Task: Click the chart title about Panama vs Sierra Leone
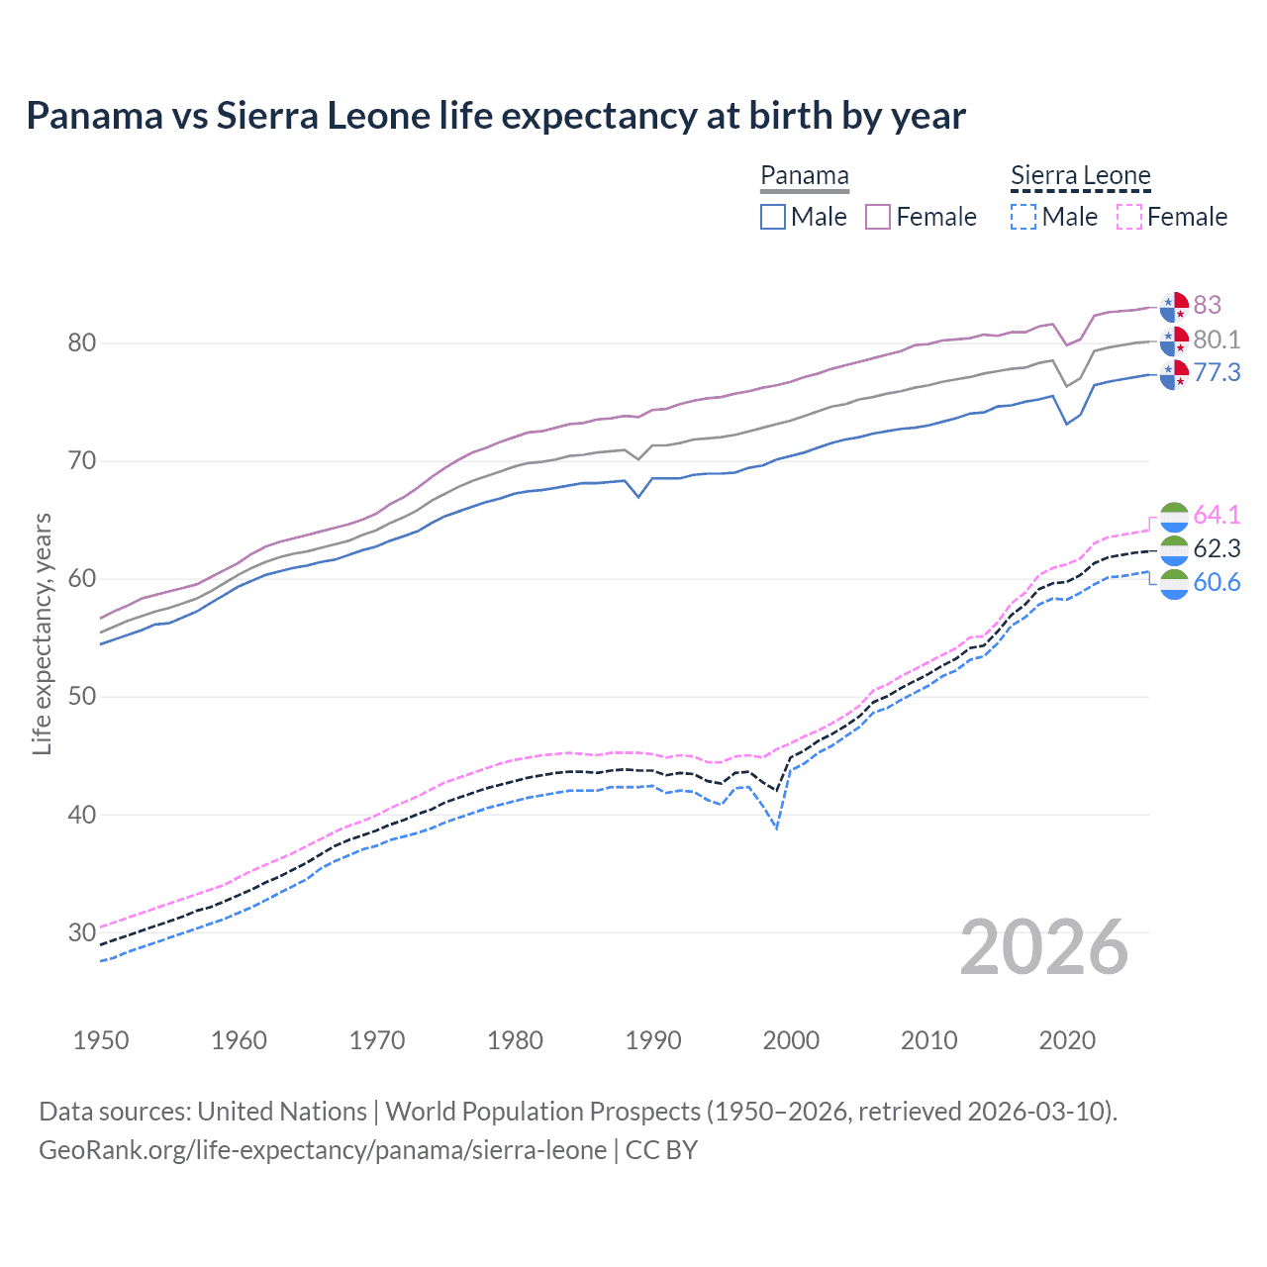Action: coord(495,116)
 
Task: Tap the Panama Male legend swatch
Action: coord(773,217)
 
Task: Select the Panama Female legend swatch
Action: coord(878,217)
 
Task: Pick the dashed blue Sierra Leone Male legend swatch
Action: coord(1023,217)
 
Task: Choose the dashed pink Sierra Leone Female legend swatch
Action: coord(1129,217)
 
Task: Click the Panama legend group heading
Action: coord(804,176)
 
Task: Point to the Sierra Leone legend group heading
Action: coord(1080,176)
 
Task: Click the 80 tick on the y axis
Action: coord(82,343)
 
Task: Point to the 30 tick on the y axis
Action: coord(82,932)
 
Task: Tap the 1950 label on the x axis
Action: coord(101,1040)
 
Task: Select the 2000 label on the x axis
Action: coord(791,1040)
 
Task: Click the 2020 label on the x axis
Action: coord(1067,1040)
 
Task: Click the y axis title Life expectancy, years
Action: coord(42,633)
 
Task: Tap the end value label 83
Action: coord(1207,305)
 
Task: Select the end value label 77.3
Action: coord(1217,372)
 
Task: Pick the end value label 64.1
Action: coord(1217,515)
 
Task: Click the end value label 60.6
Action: coord(1217,582)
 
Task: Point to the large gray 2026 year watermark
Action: coord(1044,947)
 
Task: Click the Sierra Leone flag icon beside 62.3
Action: coord(1174,549)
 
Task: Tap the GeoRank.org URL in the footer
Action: coord(323,1150)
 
